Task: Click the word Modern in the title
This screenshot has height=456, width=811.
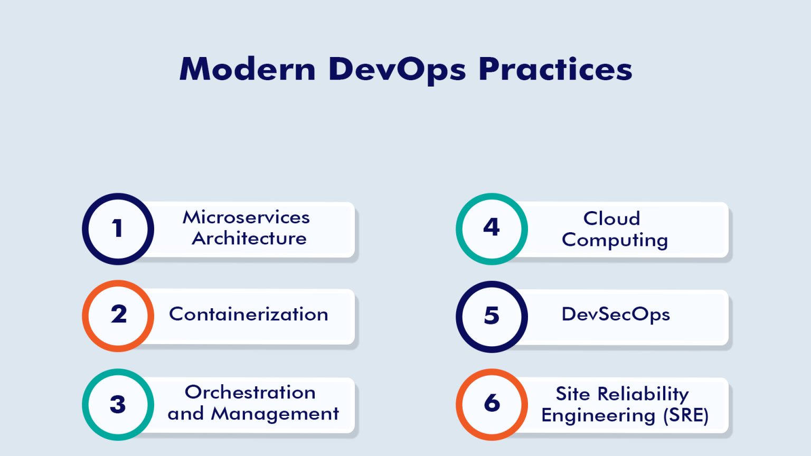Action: pos(247,69)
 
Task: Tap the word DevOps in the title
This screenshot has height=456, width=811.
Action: pos(397,69)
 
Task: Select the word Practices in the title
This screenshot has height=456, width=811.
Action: pos(555,69)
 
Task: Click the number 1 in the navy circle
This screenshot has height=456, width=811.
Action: pos(118,229)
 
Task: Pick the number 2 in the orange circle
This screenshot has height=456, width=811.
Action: pos(119,315)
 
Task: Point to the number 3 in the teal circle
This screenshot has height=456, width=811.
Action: pos(118,405)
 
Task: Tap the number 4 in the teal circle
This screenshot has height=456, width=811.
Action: pos(492,227)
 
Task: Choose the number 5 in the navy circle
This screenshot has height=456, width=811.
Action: pos(492,316)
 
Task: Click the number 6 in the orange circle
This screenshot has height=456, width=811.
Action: pos(492,403)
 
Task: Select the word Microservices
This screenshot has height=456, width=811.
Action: pos(246,217)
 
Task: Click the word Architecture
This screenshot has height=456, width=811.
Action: pos(249,239)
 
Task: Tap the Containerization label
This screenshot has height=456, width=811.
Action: pos(248,315)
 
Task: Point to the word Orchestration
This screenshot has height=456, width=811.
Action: pos(250,393)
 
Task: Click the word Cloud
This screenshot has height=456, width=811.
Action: pos(611,218)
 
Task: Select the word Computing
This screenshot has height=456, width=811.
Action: pos(615,240)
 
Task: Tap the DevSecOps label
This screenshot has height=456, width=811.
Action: pos(616,315)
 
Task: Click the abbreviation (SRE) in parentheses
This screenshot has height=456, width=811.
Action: pos(686,415)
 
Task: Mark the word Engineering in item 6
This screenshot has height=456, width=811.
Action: pos(598,415)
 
